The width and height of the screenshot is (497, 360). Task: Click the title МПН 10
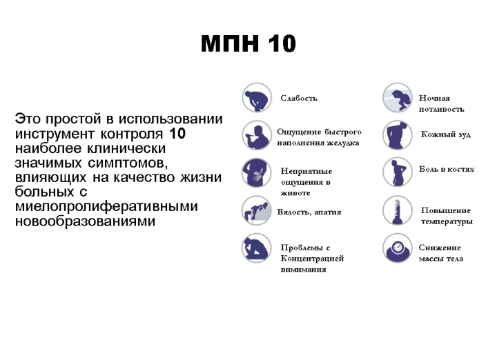point(248,43)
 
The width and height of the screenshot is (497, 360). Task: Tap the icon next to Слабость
point(257,98)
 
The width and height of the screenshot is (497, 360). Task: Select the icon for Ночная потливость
point(397,98)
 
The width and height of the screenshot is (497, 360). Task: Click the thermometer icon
point(397,211)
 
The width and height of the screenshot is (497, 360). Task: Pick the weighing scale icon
point(397,248)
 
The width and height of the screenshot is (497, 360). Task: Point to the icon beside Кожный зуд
point(397,135)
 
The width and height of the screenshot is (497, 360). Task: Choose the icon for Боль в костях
point(397,172)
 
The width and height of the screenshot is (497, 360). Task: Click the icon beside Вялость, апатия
point(257,211)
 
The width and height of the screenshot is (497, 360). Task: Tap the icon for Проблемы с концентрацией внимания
point(257,248)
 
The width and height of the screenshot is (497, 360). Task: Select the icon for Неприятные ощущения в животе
point(257,173)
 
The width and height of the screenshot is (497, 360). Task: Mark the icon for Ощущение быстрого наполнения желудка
point(257,135)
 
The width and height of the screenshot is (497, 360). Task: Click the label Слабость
point(299,98)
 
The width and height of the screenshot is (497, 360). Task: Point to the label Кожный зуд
point(446,134)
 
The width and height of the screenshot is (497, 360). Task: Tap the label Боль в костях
point(447,169)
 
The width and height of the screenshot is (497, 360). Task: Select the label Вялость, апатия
point(309,212)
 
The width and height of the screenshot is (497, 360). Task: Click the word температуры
point(447,221)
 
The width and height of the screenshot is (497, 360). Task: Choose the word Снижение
point(440,248)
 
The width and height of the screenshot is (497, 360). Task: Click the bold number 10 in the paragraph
point(177,134)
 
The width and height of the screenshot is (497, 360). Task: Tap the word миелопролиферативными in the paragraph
point(106,207)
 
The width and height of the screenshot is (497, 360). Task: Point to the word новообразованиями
point(86,221)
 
